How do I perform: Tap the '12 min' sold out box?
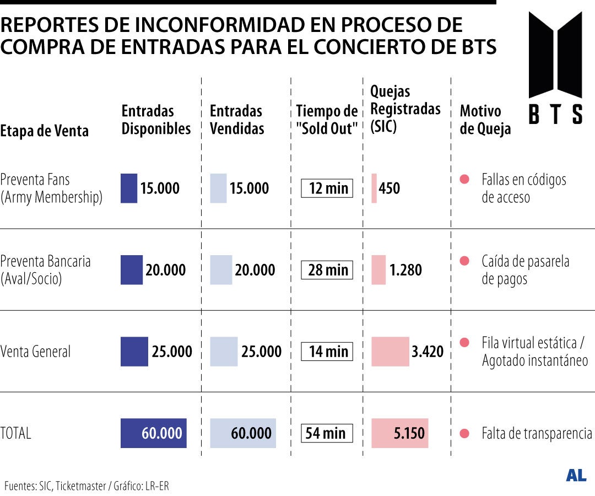coord(327,188)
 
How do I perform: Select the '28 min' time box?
coord(327,270)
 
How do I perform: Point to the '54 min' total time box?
coord(327,433)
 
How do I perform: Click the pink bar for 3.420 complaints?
coord(390,352)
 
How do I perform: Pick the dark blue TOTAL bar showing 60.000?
coord(154,433)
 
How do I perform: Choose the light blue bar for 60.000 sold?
coord(243,433)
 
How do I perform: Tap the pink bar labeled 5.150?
coord(399,433)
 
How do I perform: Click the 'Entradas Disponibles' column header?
coord(156,120)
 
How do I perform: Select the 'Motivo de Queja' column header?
coord(485,120)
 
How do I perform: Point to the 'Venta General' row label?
coord(36,352)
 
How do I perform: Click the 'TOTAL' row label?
coord(16,433)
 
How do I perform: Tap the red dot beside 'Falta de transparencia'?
coord(464,433)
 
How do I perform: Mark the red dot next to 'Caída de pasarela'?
coord(464,261)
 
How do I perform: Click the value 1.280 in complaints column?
coord(405,270)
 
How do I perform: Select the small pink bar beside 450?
coord(374,188)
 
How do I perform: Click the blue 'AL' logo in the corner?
coord(576,476)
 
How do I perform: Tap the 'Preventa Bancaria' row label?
coord(45,270)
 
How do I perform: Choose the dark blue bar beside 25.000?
coord(134,352)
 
